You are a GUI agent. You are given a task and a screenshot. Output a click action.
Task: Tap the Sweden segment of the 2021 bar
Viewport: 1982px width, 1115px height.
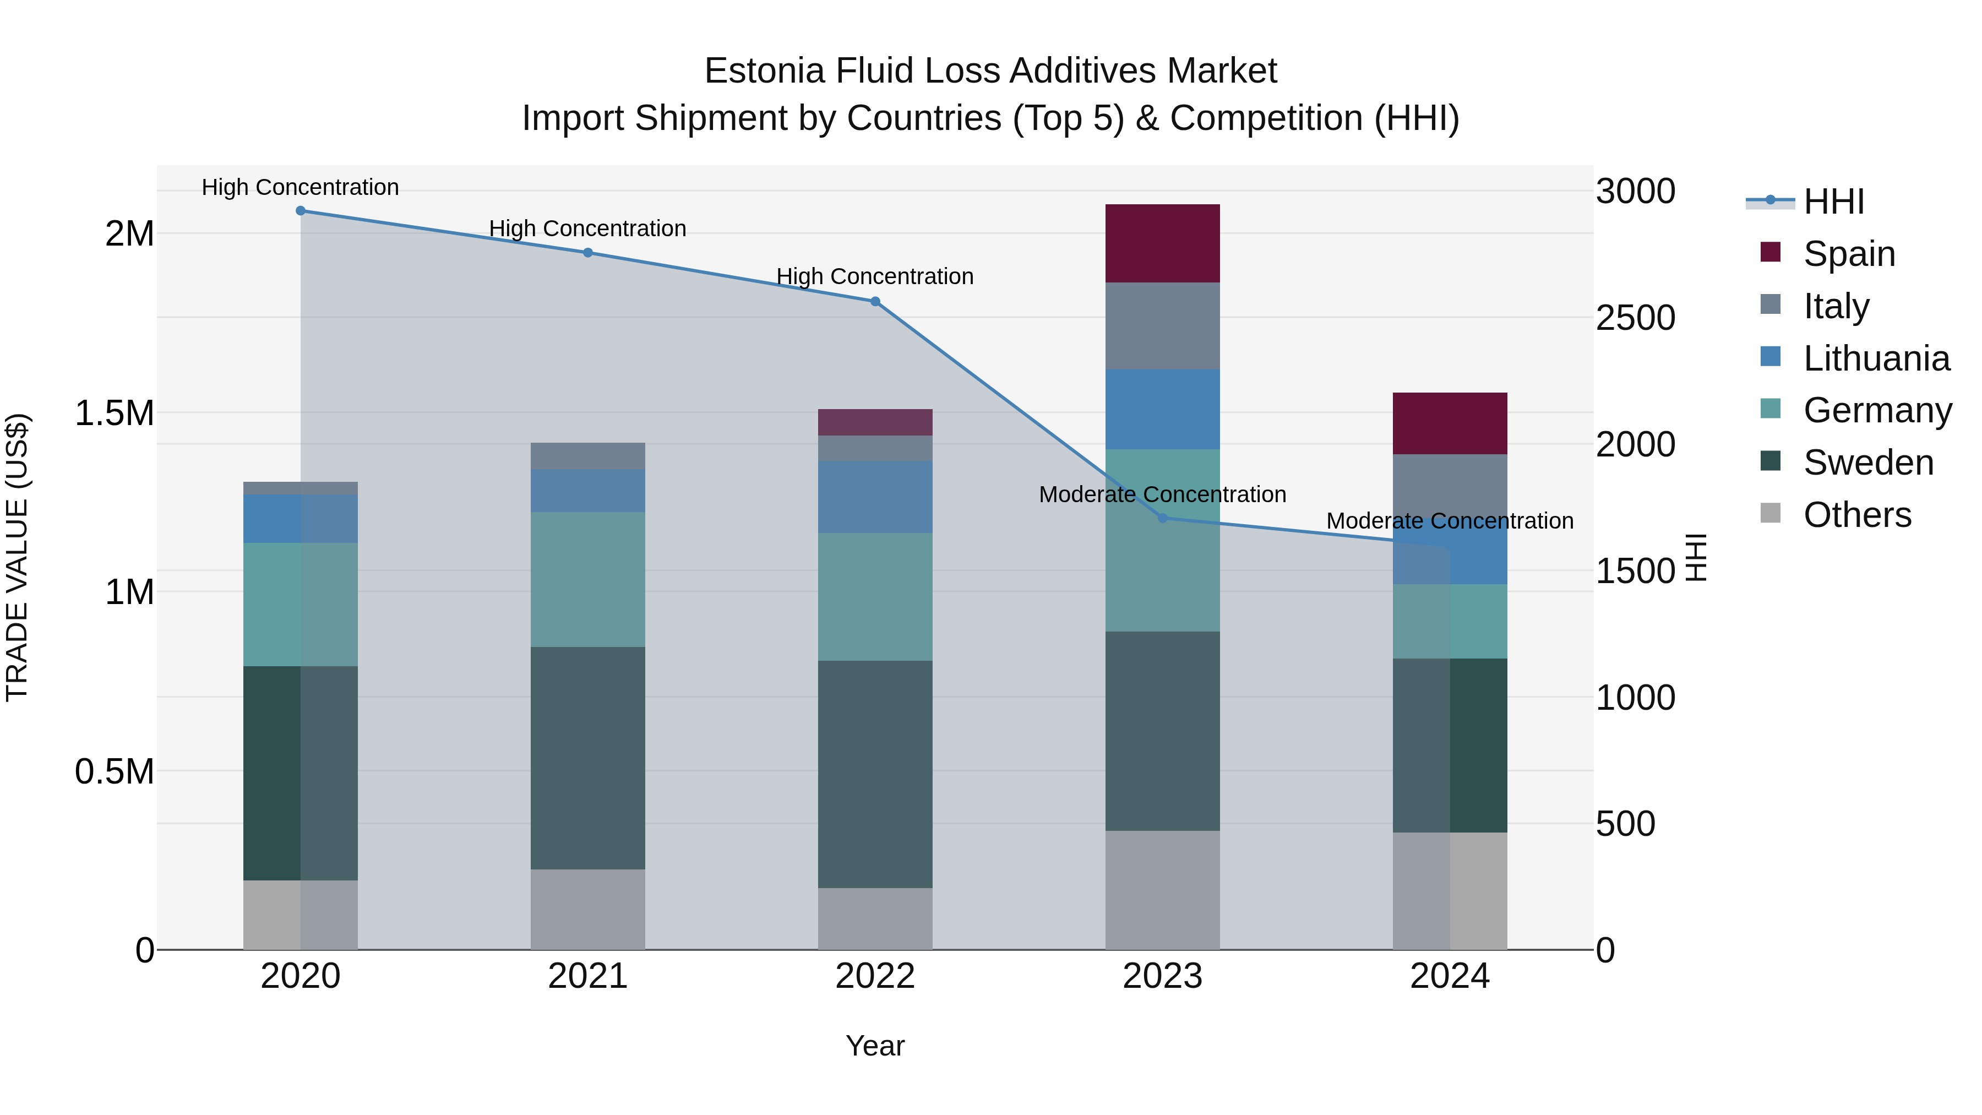pos(588,758)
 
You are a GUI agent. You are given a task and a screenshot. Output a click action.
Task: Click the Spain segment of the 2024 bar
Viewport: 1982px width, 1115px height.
pos(1450,423)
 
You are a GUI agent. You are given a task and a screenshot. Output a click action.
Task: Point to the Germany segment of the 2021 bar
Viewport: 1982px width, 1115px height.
pos(588,579)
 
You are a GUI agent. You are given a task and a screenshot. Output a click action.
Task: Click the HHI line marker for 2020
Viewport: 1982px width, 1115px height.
pos(301,211)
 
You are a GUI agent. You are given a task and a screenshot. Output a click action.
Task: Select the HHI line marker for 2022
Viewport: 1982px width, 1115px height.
pos(875,302)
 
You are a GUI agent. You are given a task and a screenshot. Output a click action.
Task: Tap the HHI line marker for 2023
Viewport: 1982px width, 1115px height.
pos(1163,518)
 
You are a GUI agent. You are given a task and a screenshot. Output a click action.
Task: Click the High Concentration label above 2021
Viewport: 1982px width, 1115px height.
pos(588,229)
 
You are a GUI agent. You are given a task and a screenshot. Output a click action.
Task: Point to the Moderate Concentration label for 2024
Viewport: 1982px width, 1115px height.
pos(1450,521)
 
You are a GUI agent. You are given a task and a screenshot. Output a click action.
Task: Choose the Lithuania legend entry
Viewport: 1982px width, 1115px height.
pos(1876,358)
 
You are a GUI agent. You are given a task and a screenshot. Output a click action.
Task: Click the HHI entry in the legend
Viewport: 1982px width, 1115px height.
pos(1833,202)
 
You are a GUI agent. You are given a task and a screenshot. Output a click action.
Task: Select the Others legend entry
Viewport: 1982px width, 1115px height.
pos(1856,515)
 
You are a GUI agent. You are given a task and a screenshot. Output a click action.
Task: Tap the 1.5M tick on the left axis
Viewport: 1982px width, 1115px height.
pos(114,413)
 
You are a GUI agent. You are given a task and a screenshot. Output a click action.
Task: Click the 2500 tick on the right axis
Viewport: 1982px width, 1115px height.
pos(1635,318)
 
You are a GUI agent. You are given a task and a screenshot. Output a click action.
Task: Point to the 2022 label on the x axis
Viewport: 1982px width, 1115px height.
pos(875,976)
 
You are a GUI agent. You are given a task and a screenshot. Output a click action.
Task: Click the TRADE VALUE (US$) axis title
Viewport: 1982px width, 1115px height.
pos(17,557)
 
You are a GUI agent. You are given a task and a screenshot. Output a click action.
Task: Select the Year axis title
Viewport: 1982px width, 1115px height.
pos(875,1046)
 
